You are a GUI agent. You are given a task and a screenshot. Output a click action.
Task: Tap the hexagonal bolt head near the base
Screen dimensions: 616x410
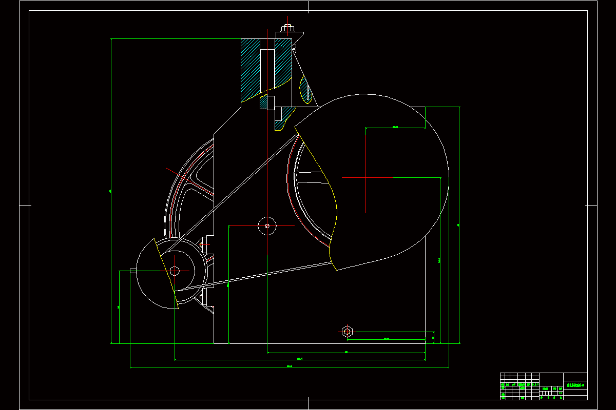pos(348,332)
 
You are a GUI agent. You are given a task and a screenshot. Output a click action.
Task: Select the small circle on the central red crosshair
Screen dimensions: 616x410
pos(267,225)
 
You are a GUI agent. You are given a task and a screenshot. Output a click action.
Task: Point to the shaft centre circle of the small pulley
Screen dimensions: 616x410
pos(175,270)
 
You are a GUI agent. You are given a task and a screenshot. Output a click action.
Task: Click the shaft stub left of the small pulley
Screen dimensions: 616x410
pos(133,271)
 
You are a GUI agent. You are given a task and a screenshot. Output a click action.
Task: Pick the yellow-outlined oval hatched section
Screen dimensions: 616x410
pos(306,90)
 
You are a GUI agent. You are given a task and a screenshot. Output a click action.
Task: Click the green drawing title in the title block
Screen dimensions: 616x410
pos(575,385)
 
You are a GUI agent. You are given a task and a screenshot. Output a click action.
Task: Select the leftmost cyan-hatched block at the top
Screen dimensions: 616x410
pos(251,69)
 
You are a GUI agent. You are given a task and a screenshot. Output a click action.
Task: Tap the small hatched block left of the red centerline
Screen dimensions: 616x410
pos(264,102)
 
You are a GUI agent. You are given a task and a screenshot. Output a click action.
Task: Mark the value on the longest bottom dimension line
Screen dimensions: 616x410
pos(289,366)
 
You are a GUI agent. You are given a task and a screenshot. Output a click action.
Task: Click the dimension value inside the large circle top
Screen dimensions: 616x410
pos(395,127)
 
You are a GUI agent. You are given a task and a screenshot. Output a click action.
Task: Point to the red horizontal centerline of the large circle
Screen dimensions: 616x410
pos(367,178)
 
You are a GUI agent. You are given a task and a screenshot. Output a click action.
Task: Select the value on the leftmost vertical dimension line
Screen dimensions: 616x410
pos(110,191)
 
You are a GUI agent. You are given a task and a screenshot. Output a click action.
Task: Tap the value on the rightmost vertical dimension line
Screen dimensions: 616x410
pos(458,224)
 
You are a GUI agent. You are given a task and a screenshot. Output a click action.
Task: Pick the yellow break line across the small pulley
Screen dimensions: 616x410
pos(166,272)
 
